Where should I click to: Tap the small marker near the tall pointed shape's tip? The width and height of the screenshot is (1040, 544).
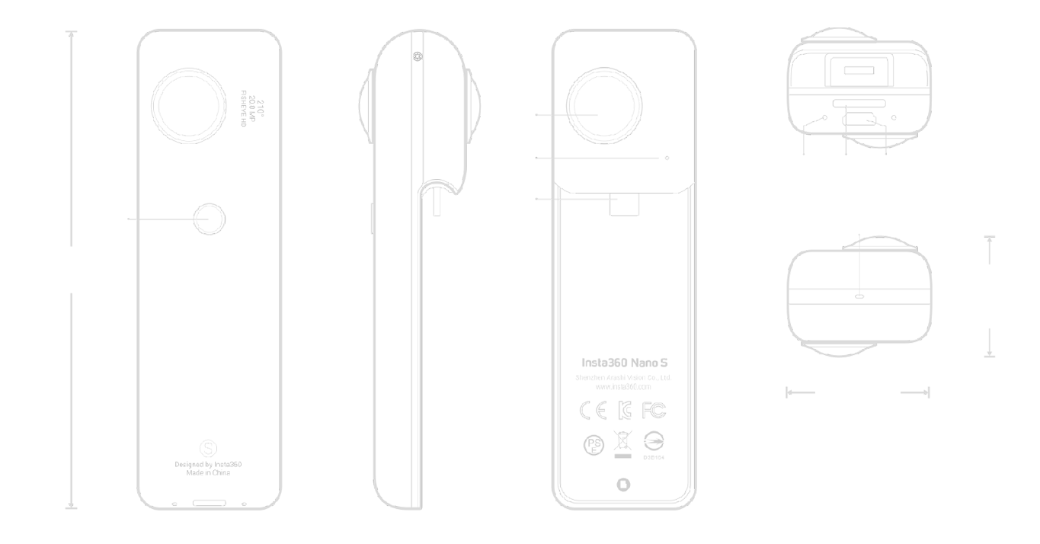point(415,54)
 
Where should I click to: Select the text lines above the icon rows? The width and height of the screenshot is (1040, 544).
point(623,369)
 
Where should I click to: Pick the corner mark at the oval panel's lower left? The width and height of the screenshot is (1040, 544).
point(563,497)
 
